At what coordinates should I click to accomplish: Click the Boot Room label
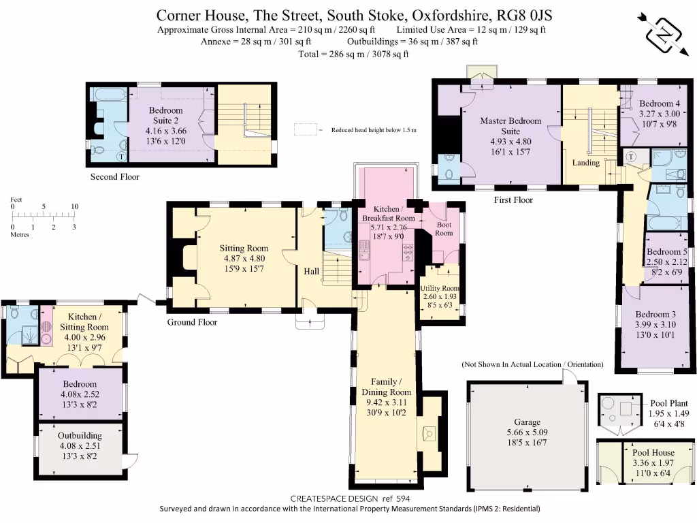pyautogui.click(x=444, y=229)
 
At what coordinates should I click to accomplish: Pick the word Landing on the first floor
pyautogui.click(x=586, y=163)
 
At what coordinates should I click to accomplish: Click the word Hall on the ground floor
pyautogui.click(x=311, y=271)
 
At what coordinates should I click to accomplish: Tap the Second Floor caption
pyautogui.click(x=114, y=177)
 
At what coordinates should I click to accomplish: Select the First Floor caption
pyautogui.click(x=513, y=200)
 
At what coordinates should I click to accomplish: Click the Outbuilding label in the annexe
pyautogui.click(x=80, y=436)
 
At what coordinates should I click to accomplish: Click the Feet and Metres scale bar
pyautogui.click(x=43, y=217)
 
